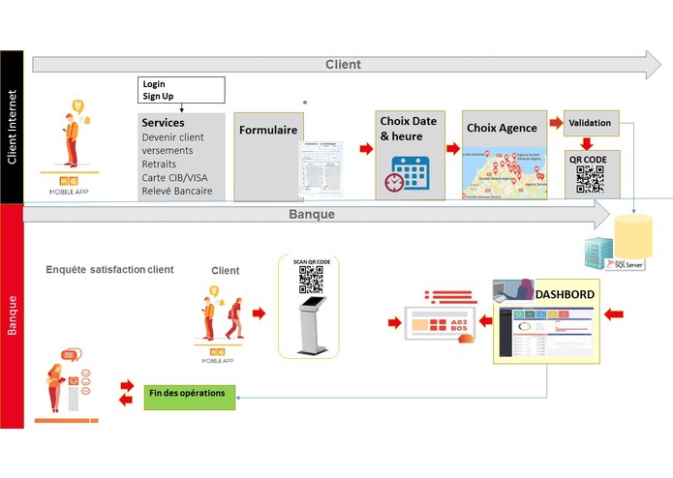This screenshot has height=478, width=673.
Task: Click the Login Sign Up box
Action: click(182, 90)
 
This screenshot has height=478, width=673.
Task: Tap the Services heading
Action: click(163, 123)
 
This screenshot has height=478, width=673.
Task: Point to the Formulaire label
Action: click(267, 130)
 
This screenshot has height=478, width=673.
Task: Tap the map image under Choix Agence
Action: click(501, 170)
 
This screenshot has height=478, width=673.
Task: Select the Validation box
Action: click(589, 123)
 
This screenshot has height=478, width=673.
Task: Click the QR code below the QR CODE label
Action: click(590, 180)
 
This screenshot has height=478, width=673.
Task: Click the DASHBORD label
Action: click(565, 293)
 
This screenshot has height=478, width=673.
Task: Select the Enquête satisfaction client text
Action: click(109, 269)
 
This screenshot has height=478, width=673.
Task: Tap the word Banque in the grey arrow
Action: click(312, 213)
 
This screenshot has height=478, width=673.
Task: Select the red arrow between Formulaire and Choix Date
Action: click(366, 149)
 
